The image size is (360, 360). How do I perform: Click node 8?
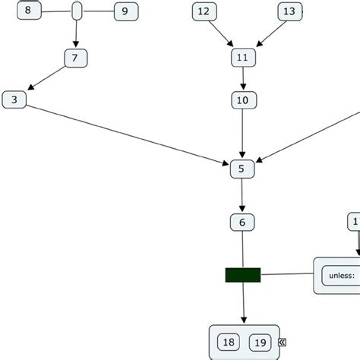(x=29, y=11)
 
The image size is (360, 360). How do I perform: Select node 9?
(x=125, y=11)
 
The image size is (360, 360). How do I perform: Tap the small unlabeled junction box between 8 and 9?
(x=77, y=11)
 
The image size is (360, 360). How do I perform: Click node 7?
(x=75, y=58)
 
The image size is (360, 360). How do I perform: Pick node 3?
(x=14, y=99)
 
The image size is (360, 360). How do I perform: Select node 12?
(x=203, y=11)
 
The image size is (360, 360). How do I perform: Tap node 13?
(x=289, y=11)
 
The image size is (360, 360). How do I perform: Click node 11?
(x=242, y=58)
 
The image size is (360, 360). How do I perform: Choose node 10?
(x=242, y=100)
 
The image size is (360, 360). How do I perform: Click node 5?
(x=242, y=169)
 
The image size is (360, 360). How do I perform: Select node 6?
(x=242, y=223)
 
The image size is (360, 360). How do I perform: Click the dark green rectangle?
(x=243, y=274)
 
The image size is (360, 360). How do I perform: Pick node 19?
(x=260, y=343)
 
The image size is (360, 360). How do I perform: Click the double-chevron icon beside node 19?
(x=282, y=343)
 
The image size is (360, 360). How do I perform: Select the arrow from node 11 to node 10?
(x=242, y=79)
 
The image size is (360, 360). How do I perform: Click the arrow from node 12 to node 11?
(x=221, y=35)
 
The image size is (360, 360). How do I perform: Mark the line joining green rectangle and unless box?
(x=287, y=274)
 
